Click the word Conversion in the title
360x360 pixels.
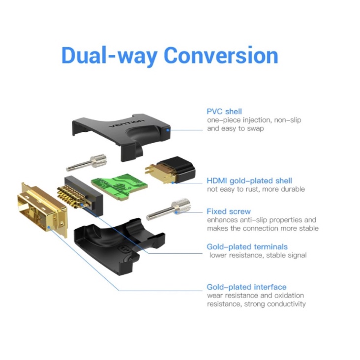coord(221,55)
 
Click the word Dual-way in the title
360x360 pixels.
coord(109,55)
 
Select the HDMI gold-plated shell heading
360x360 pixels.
coord(249,180)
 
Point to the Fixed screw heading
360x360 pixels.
coord(229,211)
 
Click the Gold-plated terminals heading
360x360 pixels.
coord(247,247)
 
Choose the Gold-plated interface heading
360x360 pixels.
coord(246,287)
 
